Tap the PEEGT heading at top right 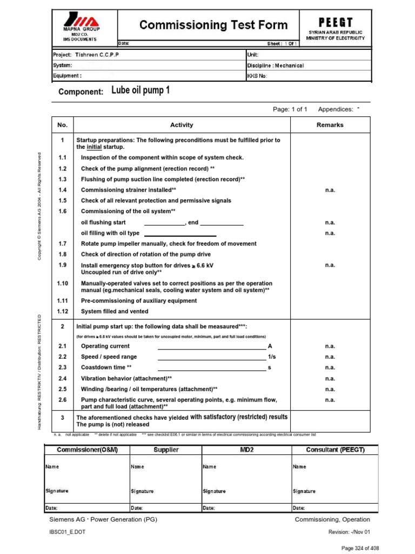tap(335, 22)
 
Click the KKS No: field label tap(257, 76)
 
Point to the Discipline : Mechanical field tap(276, 65)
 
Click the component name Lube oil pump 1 tap(140, 90)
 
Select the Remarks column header tap(330, 125)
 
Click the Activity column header tap(182, 125)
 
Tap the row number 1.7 tap(62, 244)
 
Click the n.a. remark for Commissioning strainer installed tap(330, 190)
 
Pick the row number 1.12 tap(62, 312)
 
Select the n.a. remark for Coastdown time tap(330, 368)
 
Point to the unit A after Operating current tap(270, 346)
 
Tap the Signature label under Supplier tap(142, 491)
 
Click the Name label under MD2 tap(209, 466)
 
